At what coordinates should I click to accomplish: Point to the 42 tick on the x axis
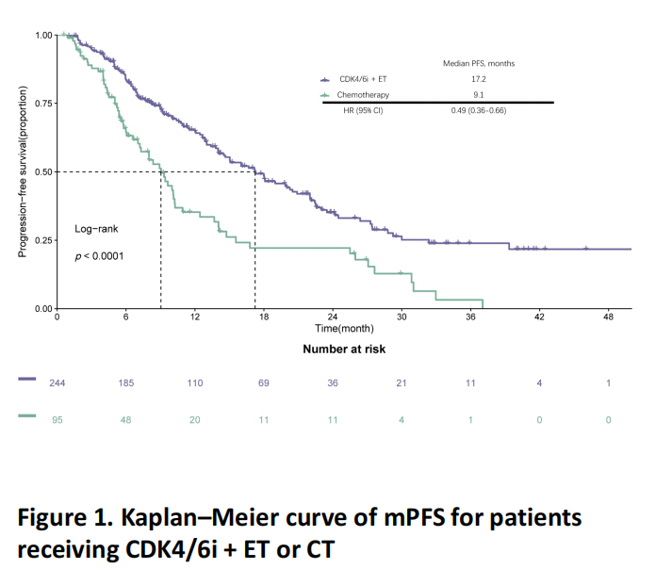(x=539, y=317)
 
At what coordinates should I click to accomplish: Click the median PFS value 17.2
(x=478, y=80)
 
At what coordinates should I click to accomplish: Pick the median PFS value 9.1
(x=478, y=95)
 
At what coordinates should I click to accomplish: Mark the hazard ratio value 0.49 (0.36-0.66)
(x=478, y=111)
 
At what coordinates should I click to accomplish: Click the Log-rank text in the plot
(x=97, y=229)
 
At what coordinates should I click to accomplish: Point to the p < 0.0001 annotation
(x=100, y=255)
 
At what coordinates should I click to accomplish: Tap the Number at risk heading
(x=344, y=349)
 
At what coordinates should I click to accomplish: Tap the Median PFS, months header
(x=478, y=63)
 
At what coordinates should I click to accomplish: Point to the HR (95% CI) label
(x=363, y=111)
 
